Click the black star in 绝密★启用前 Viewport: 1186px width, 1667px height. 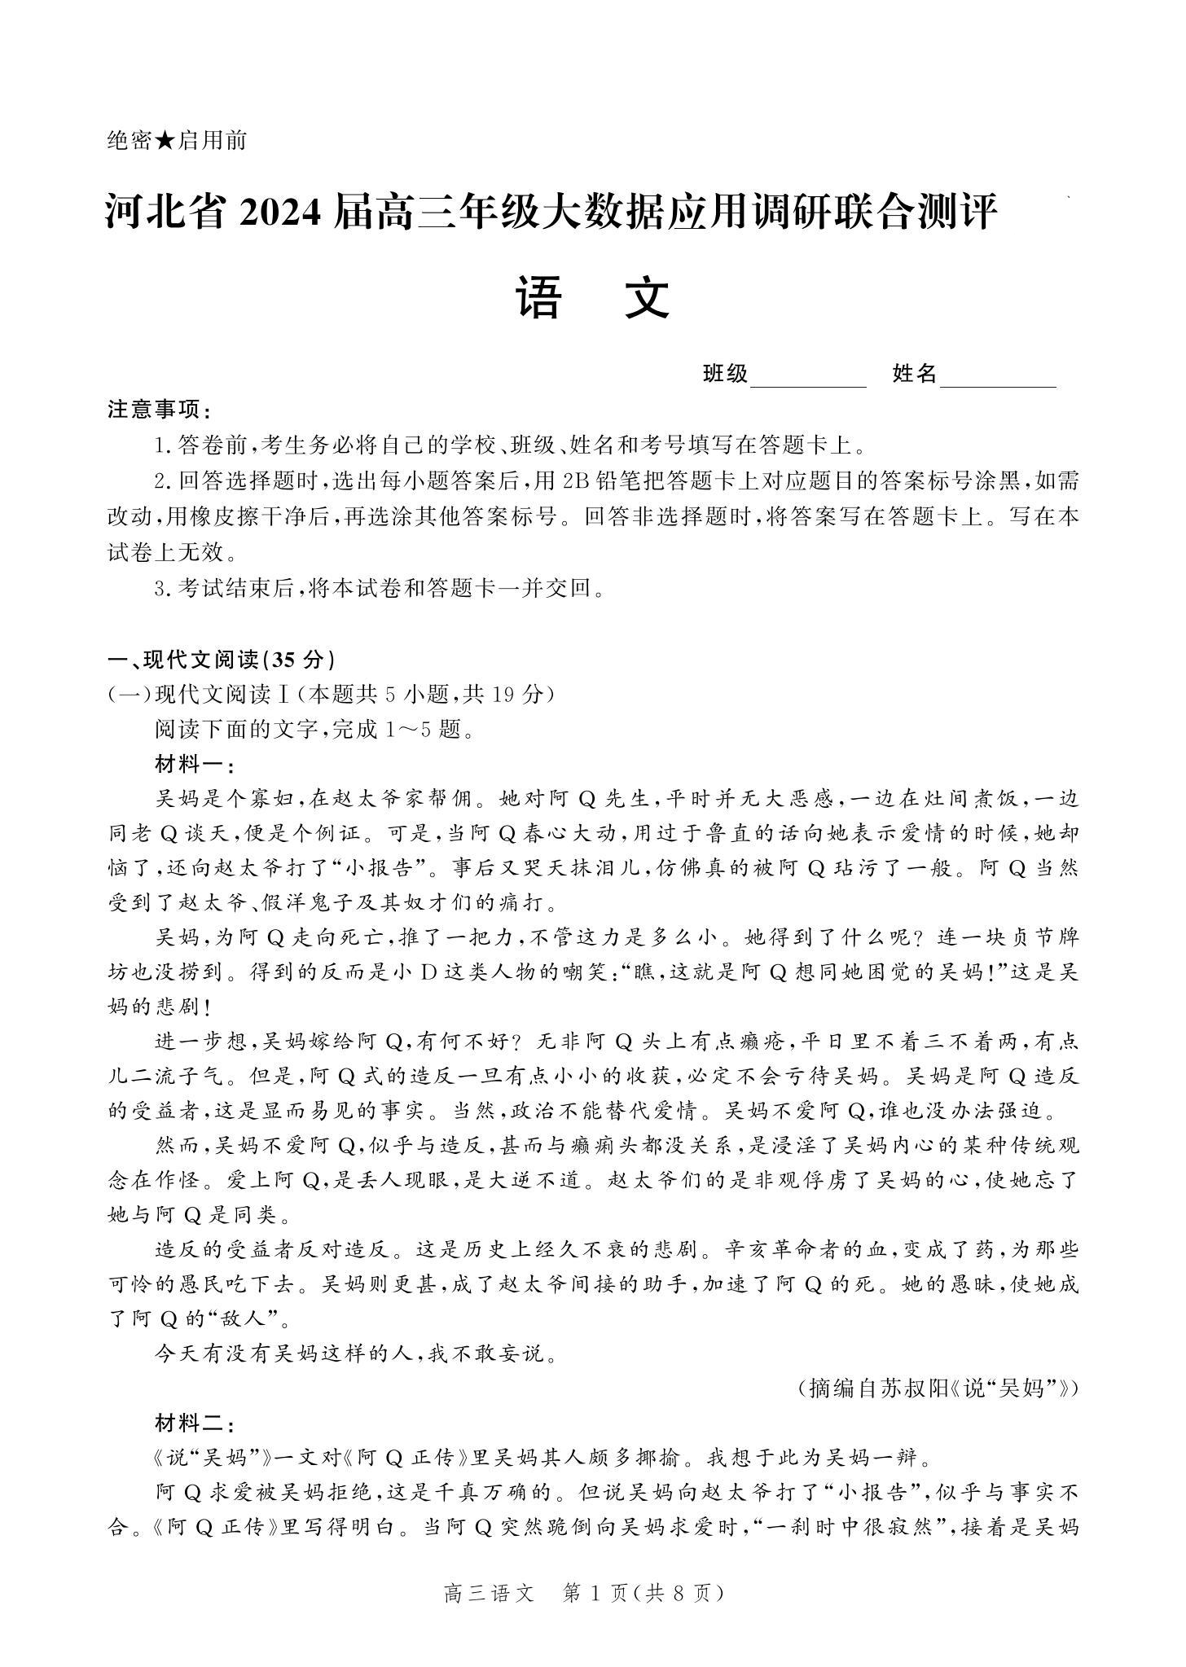(165, 141)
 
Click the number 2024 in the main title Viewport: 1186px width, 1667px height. (283, 213)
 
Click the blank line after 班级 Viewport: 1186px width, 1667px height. (808, 377)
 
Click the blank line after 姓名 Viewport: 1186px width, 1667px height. (998, 377)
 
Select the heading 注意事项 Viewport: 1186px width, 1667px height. (159, 410)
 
